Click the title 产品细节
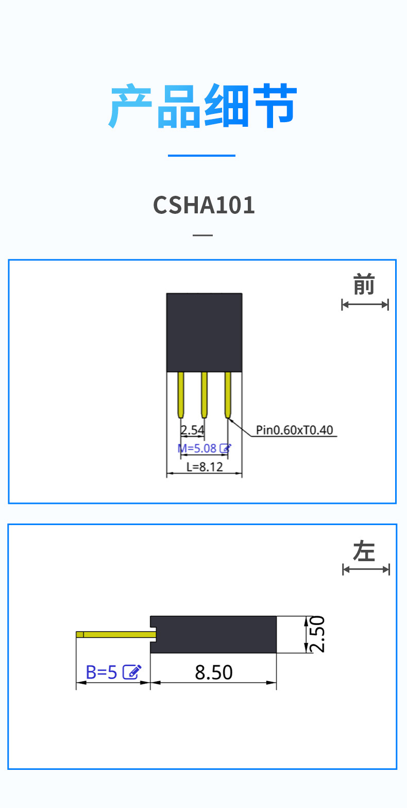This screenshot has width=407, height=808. coord(203,107)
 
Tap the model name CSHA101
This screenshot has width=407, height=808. coord(204,205)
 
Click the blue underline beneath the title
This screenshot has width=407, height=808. coord(201,155)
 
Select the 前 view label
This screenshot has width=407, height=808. coord(364,285)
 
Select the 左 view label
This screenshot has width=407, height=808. coord(364,551)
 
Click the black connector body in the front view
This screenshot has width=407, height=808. coord(204,332)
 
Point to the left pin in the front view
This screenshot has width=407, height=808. coord(181,394)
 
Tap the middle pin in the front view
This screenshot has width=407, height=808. coord(204,394)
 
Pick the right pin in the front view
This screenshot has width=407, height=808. coord(228,394)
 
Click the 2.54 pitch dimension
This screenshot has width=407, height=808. coord(192,430)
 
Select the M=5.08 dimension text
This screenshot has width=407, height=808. coord(197,448)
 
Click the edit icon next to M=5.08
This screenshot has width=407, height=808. coord(225,448)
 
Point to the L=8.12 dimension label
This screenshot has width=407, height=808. coord(205,467)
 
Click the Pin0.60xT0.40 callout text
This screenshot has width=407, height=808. coord(295,430)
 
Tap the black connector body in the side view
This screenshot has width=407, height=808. coord(214,634)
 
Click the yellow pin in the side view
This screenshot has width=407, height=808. coord(116,634)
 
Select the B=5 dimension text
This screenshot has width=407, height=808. coord(101,672)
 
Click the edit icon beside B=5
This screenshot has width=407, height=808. coord(132,672)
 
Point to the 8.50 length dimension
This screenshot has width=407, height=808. coord(214,672)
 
